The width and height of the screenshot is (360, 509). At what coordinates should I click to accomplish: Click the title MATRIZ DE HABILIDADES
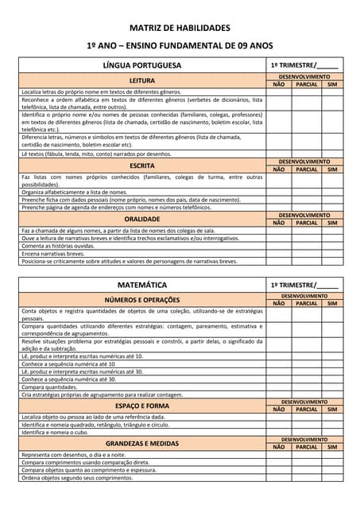pyautogui.click(x=180, y=27)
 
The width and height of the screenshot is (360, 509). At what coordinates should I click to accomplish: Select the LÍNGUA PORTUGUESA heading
pyautogui.click(x=142, y=65)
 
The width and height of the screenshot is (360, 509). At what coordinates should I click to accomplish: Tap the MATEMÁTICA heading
pyautogui.click(x=142, y=284)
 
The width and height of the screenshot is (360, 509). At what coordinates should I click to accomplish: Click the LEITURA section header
pyautogui.click(x=142, y=80)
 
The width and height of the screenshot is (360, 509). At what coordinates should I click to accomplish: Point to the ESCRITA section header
pyautogui.click(x=142, y=165)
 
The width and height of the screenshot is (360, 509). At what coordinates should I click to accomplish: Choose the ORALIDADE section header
pyautogui.click(x=142, y=219)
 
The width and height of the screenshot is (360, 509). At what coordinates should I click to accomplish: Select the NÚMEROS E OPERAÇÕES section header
pyautogui.click(x=142, y=300)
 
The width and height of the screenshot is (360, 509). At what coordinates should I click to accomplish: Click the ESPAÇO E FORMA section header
pyautogui.click(x=142, y=406)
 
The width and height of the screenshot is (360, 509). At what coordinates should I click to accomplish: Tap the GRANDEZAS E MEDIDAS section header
pyautogui.click(x=142, y=443)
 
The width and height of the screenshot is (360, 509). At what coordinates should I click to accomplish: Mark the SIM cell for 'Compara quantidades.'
pyautogui.click(x=332, y=387)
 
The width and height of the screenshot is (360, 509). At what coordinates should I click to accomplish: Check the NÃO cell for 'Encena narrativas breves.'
pyautogui.click(x=279, y=254)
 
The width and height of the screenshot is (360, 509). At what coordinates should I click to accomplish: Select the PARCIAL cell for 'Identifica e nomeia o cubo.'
pyautogui.click(x=306, y=432)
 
